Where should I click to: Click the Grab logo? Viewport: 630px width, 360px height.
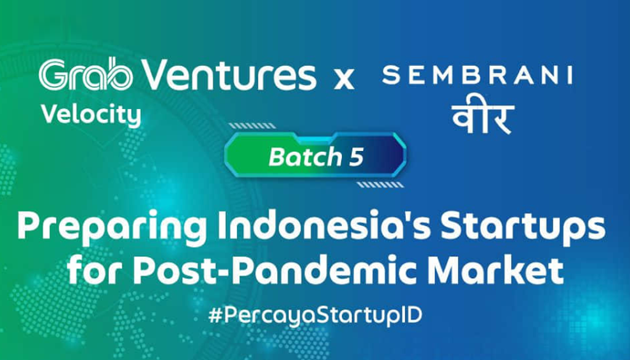click(86, 74)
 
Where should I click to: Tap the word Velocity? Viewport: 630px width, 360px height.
click(91, 116)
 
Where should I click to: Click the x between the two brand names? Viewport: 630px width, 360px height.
click(344, 79)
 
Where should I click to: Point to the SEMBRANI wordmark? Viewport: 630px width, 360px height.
click(477, 75)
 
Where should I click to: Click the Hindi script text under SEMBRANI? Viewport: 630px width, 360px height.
click(483, 118)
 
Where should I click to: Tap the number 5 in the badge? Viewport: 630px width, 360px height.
click(356, 157)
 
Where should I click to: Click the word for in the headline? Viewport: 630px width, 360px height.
click(95, 270)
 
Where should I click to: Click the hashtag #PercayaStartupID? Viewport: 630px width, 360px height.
click(316, 316)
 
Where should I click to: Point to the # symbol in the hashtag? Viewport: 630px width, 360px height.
click(215, 316)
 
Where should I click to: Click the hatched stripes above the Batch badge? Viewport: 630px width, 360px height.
click(252, 126)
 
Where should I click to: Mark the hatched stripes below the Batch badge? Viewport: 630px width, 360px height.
click(380, 185)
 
